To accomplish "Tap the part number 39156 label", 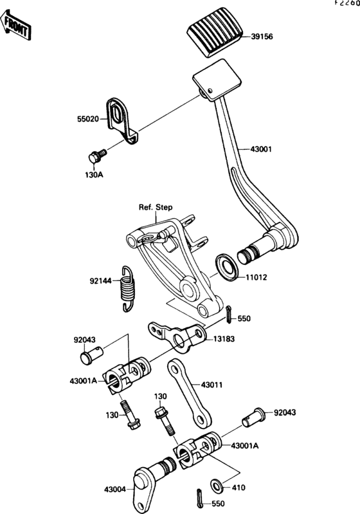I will pos(262,37).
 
